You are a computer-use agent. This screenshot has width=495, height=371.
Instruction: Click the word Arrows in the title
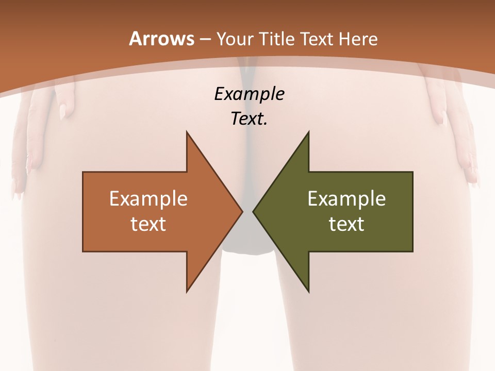[161, 39]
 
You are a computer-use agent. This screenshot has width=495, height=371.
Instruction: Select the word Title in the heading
[277, 39]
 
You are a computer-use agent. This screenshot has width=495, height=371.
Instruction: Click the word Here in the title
[359, 39]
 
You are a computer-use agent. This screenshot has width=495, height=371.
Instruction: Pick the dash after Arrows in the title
[205, 40]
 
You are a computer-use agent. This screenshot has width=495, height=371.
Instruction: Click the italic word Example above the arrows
[249, 94]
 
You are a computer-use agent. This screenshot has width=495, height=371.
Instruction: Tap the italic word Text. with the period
[249, 119]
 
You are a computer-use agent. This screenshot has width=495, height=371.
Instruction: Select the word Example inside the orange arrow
[148, 199]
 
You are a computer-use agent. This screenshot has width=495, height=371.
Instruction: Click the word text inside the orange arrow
[148, 224]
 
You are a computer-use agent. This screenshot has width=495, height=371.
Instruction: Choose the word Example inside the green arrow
[346, 199]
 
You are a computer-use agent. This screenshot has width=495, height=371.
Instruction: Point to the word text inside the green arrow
[346, 224]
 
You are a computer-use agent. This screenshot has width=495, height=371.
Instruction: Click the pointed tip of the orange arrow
[242, 211]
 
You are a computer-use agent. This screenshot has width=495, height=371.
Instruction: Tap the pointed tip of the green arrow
[253, 211]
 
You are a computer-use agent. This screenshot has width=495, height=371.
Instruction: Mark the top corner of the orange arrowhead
[187, 132]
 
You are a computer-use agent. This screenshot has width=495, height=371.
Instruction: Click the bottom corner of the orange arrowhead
[187, 291]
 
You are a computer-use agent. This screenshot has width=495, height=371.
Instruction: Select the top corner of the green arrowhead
[308, 132]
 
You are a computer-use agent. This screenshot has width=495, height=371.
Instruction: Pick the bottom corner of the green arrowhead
[308, 291]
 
